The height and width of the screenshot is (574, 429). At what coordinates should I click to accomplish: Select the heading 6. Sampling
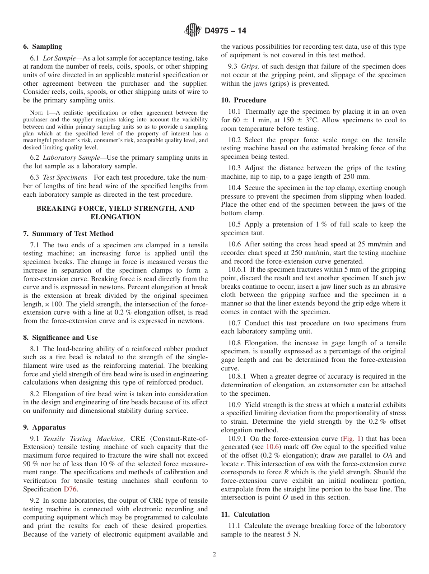[42, 46]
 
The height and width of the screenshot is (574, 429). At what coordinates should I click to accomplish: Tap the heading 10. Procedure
[243, 100]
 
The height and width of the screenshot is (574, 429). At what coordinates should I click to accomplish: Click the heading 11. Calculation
[245, 514]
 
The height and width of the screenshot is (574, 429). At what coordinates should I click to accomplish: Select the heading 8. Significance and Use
[60, 338]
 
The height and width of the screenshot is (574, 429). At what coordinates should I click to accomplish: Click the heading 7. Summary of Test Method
[68, 234]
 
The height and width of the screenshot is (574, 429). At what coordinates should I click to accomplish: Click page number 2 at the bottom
[214, 555]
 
